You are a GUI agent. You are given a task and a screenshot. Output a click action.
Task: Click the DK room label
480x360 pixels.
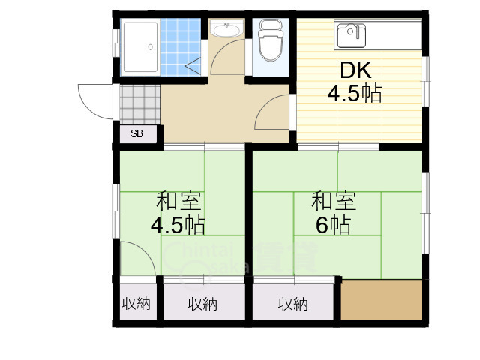pyautogui.click(x=355, y=70)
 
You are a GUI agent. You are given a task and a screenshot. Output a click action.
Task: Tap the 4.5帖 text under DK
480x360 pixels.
pyautogui.click(x=355, y=94)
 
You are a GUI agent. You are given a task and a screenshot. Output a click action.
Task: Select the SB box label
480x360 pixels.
pyautogui.click(x=136, y=134)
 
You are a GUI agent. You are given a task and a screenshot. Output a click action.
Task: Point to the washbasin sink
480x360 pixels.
pyautogui.click(x=225, y=31)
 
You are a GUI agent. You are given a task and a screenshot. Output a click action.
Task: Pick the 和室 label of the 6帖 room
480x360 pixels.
pyautogui.click(x=333, y=201)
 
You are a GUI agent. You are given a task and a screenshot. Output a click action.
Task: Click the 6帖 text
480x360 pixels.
pyautogui.click(x=333, y=224)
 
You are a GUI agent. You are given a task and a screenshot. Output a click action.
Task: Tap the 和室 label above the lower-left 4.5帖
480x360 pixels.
pyautogui.click(x=178, y=201)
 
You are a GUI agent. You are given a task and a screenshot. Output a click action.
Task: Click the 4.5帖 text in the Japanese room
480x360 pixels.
pyautogui.click(x=178, y=224)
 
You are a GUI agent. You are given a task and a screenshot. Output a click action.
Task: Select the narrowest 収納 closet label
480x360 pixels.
pyautogui.click(x=136, y=304)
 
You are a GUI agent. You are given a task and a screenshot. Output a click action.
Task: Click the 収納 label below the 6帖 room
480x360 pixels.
pyautogui.click(x=293, y=304)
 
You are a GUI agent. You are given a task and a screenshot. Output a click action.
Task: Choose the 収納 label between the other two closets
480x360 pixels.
pyautogui.click(x=202, y=304)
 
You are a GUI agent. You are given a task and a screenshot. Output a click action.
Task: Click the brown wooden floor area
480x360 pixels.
pyautogui.click(x=381, y=300)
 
